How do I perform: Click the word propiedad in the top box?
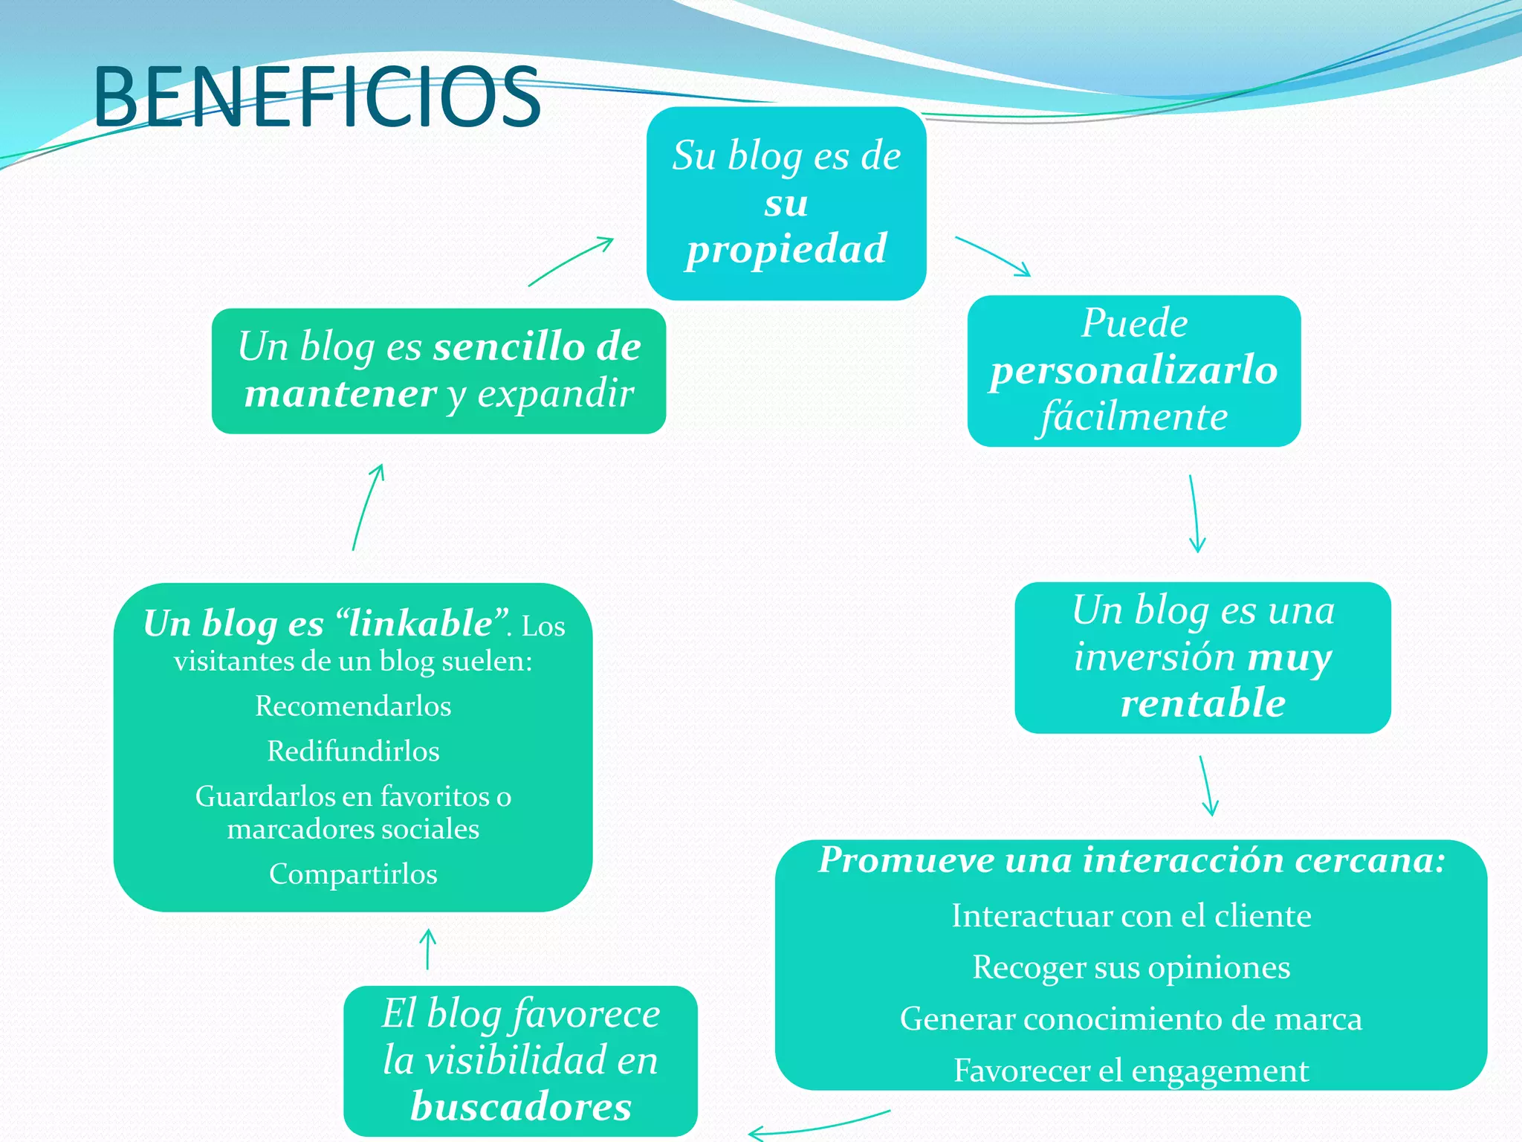pyautogui.click(x=786, y=249)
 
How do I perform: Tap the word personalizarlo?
pyautogui.click(x=1133, y=370)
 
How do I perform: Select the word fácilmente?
pyautogui.click(x=1133, y=416)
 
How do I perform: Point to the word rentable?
pyautogui.click(x=1202, y=703)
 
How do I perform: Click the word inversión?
pyautogui.click(x=1154, y=657)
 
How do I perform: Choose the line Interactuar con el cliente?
pyautogui.click(x=1131, y=916)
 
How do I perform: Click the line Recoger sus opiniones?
pyautogui.click(x=1131, y=967)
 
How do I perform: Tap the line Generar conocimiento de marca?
pyautogui.click(x=1131, y=1019)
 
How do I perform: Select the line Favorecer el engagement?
pyautogui.click(x=1131, y=1071)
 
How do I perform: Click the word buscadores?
pyautogui.click(x=521, y=1106)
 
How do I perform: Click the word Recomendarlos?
pyautogui.click(x=353, y=706)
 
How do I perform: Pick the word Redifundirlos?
pyautogui.click(x=353, y=751)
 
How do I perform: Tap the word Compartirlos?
pyautogui.click(x=353, y=874)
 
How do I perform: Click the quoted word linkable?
pyautogui.click(x=421, y=623)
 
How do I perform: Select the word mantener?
pyautogui.click(x=340, y=393)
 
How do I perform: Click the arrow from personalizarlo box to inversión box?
pyautogui.click(x=1194, y=514)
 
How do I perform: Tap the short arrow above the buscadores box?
pyautogui.click(x=428, y=949)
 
